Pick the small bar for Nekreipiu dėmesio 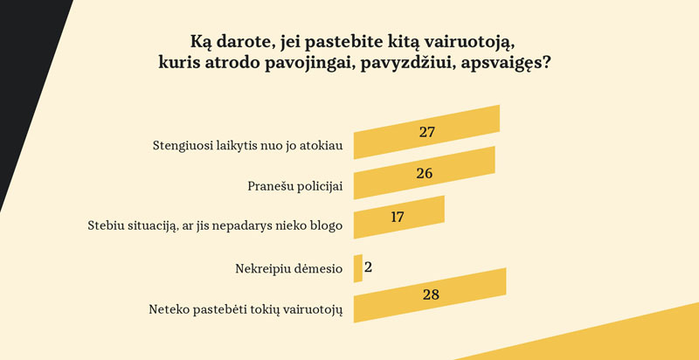point(357,268)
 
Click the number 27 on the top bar point(426,133)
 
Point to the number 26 point(425,173)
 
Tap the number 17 point(398,216)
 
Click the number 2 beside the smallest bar point(369,266)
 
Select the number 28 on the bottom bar point(430,294)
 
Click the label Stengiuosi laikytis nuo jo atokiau point(247,145)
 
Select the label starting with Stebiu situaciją point(215,225)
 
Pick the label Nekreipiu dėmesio point(288,269)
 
